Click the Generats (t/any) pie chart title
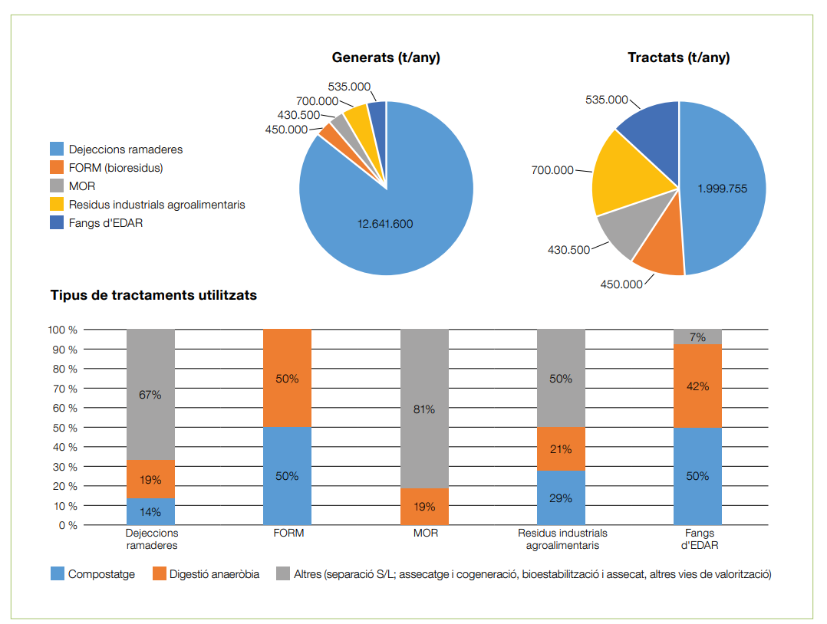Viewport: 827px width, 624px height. [386, 57]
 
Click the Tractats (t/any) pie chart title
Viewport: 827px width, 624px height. [678, 57]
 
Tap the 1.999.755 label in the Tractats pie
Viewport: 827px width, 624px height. [722, 189]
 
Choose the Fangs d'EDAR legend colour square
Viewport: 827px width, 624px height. [57, 223]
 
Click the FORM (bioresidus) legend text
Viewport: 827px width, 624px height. [116, 168]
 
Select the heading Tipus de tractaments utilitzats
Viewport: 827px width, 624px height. [153, 295]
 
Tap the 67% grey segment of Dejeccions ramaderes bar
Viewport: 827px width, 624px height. [150, 395]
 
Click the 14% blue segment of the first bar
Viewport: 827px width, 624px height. [150, 511]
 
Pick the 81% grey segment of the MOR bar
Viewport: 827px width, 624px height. [424, 409]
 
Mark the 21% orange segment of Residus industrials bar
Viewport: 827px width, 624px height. [561, 448]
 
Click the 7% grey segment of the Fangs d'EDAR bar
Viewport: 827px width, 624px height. [697, 337]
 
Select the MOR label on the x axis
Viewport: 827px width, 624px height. [424, 533]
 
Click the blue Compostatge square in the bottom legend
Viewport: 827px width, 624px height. [58, 573]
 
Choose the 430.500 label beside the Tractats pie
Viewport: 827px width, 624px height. [568, 250]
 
